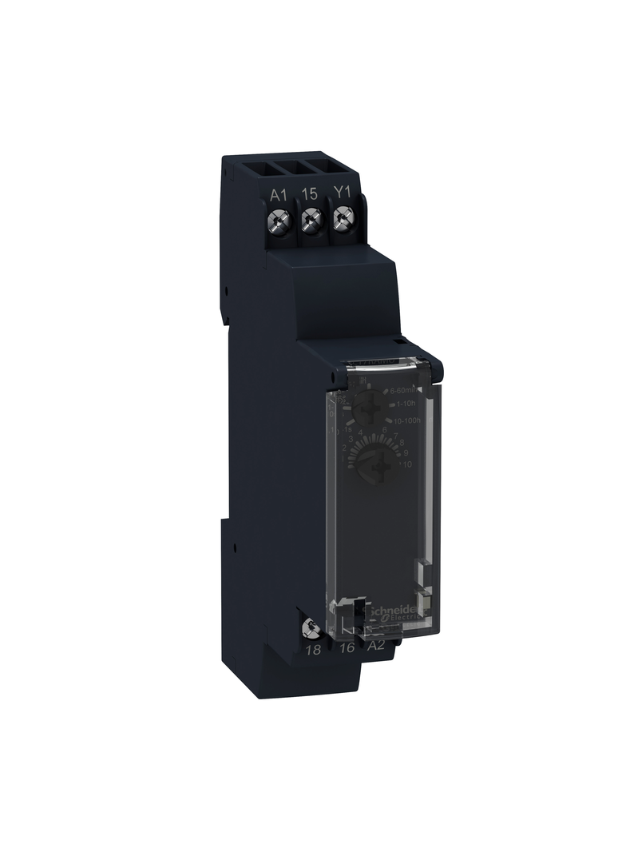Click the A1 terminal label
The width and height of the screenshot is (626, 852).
click(x=278, y=193)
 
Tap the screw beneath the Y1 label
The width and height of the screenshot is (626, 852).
click(x=344, y=215)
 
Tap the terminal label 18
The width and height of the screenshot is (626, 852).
click(x=315, y=650)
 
